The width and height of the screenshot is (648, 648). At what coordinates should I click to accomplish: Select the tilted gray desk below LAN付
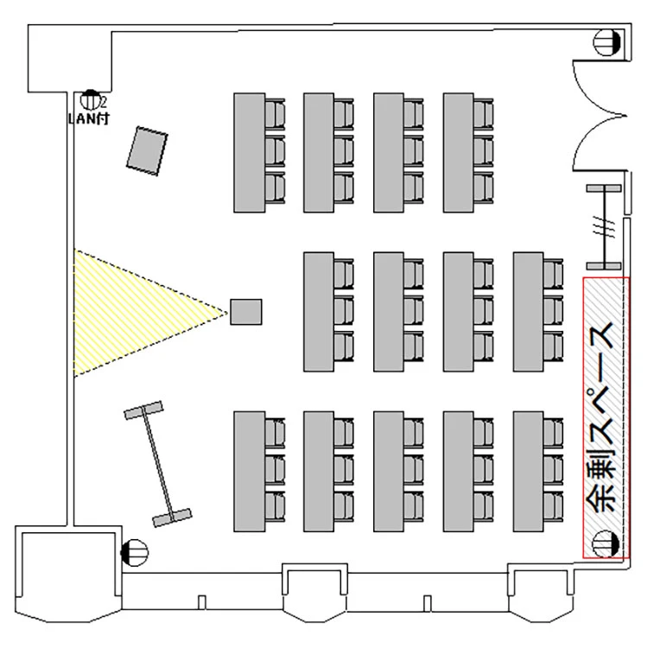[147, 151]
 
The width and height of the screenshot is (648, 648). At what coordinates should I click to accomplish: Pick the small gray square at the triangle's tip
[246, 312]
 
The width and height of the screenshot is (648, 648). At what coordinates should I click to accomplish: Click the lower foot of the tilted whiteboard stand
[172, 518]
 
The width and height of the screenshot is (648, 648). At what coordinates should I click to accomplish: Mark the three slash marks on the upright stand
[605, 229]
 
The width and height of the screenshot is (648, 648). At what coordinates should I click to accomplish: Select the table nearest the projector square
[318, 312]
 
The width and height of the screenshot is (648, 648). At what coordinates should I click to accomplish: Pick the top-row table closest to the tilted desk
[248, 152]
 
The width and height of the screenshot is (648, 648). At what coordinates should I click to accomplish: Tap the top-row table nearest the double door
[458, 152]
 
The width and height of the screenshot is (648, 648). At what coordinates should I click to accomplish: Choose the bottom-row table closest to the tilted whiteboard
[248, 471]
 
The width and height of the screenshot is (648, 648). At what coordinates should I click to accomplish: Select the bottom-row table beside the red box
[528, 471]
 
